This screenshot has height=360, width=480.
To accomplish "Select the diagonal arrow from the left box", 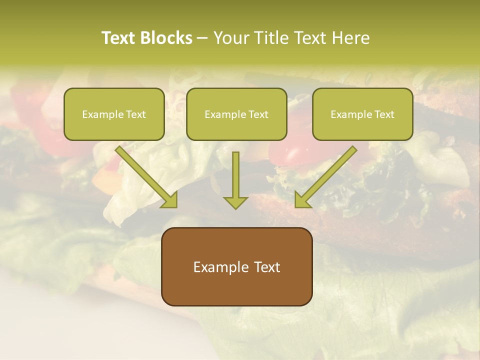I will [x=146, y=176].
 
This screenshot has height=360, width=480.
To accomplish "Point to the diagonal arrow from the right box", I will [x=325, y=176].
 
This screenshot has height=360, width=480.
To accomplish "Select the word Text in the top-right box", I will [x=384, y=114].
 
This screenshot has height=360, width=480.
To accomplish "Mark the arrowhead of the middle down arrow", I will [x=235, y=202].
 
